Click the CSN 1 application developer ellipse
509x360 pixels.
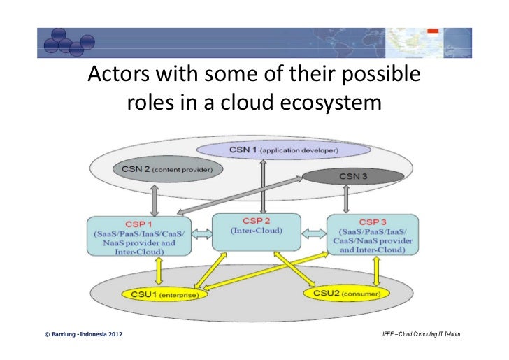pyautogui.click(x=284, y=150)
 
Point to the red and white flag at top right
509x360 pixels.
pyautogui.click(x=431, y=31)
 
